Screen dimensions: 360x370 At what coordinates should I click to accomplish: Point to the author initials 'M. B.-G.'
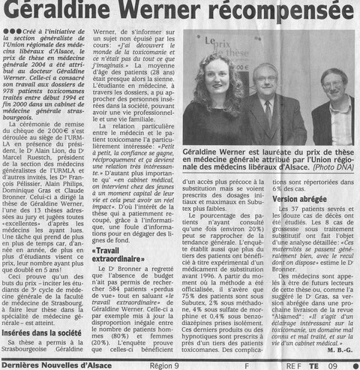pos(339,347)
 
